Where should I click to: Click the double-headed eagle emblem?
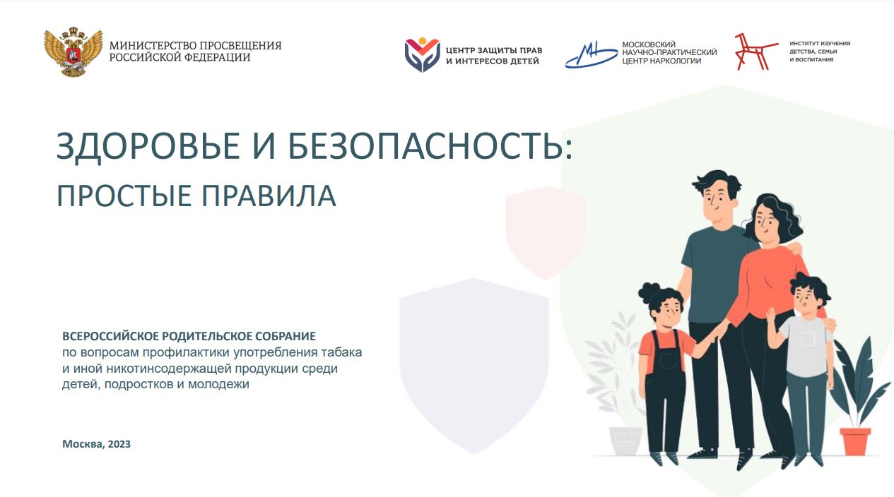point(73,52)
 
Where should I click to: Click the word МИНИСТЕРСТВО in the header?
point(153,45)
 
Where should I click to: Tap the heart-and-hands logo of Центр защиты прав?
point(422,55)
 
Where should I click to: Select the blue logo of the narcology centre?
point(591,54)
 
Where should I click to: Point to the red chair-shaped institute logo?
point(755,52)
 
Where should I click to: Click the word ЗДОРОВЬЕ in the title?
point(148,146)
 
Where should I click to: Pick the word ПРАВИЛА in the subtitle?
point(269,196)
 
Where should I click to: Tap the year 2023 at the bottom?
point(119,444)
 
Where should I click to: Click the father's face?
point(717,204)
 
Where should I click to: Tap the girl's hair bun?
point(649,294)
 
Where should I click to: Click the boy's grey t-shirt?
point(806,345)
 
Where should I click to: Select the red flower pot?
point(855,442)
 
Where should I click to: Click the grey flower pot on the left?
point(625,441)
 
